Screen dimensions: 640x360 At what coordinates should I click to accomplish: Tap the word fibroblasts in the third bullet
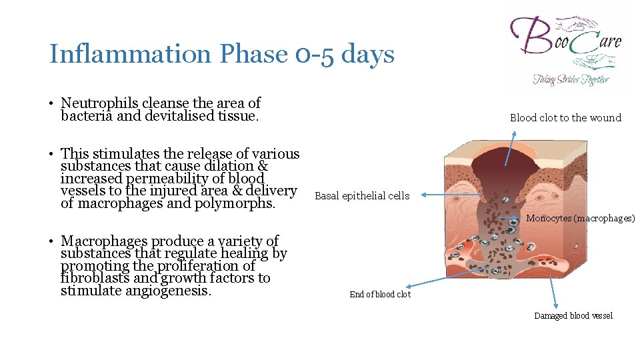point(89,279)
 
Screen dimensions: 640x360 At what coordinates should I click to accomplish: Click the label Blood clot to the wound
point(565,118)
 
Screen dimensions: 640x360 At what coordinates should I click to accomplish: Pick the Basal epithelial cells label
point(362,196)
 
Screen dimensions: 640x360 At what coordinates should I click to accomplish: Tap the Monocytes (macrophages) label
point(581,219)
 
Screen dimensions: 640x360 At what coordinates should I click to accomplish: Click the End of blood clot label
point(380,295)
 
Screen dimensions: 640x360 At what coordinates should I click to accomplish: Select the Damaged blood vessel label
point(573,316)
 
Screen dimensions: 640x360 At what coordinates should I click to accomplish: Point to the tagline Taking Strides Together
point(570,79)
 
